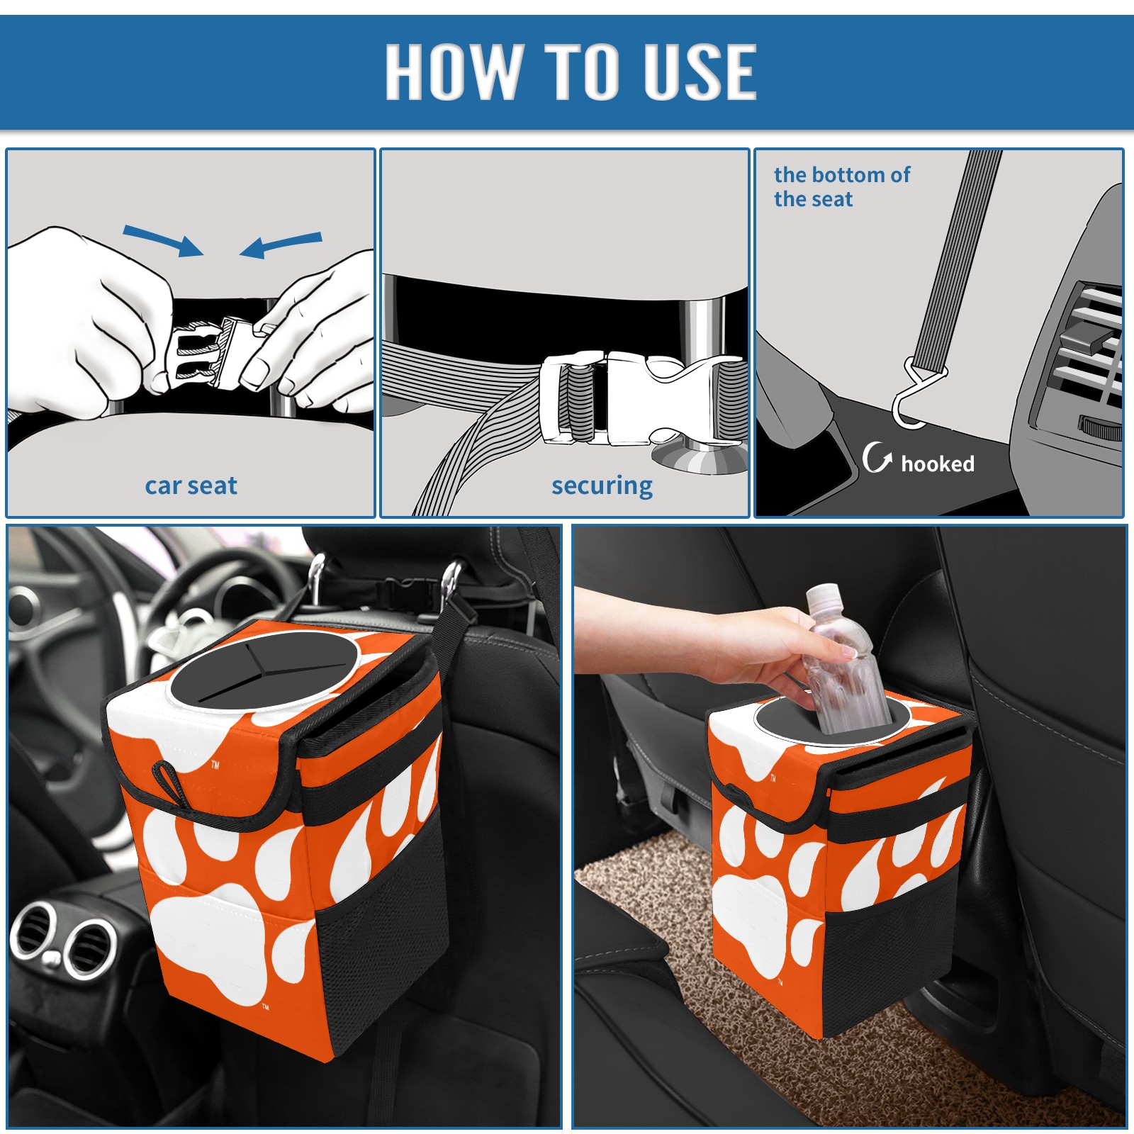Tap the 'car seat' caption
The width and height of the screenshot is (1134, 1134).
point(191,485)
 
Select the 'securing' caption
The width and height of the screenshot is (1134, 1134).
point(602,485)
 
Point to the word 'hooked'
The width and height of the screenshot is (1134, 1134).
point(938,464)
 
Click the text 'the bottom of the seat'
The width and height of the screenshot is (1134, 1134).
point(841,186)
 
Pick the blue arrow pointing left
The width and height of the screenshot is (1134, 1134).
point(281,245)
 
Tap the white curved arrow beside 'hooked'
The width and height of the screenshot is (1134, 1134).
point(877,457)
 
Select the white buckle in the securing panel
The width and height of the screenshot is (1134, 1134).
point(638,398)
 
